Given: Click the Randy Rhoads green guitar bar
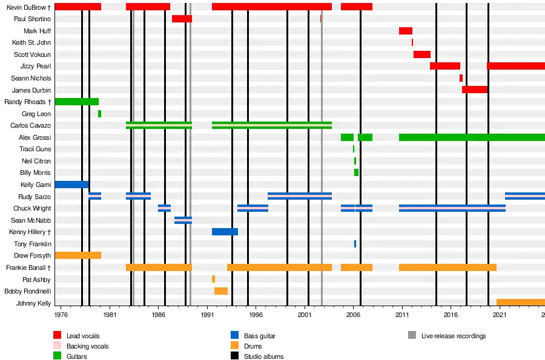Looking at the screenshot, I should point(76,102).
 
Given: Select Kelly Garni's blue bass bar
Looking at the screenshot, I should point(71,185).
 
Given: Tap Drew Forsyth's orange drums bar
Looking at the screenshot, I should point(78,255).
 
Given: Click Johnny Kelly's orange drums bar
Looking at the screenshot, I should point(520,303).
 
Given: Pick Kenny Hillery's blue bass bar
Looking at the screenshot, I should point(225,232).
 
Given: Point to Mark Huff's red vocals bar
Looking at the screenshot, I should point(405,31).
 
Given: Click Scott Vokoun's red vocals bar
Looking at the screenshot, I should point(421,54).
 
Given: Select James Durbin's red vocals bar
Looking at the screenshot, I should point(474,90).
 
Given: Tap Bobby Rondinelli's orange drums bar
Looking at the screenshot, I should point(221,291).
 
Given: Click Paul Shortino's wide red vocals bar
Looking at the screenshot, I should point(182,19).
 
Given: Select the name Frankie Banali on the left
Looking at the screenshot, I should point(28,267).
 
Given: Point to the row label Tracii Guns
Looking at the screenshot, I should point(35,149).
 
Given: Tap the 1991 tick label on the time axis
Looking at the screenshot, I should point(207,315).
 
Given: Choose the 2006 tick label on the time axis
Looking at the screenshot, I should point(353,315).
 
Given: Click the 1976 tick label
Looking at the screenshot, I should point(61,315).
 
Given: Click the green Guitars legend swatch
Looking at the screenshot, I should point(58,356).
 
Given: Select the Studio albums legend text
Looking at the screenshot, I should point(263,356).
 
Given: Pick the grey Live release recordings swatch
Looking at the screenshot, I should point(412,336).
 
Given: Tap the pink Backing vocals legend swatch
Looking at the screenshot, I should point(58,346).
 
